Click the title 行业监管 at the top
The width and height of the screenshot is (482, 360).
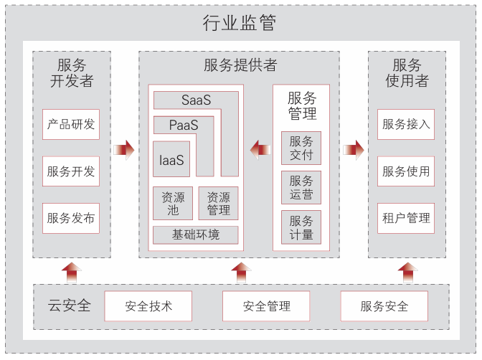[240, 23]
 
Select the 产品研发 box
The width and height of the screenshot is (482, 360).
[71, 124]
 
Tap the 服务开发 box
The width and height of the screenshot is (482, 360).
[71, 171]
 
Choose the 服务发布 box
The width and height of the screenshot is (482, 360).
[71, 218]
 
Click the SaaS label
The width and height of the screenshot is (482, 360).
[196, 100]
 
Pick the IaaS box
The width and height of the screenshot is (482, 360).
[171, 159]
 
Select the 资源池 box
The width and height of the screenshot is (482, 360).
[173, 203]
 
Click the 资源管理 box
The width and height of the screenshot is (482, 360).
[218, 203]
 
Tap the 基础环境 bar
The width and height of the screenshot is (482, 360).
[195, 235]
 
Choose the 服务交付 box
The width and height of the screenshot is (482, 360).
[301, 148]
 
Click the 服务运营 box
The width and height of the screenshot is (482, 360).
[301, 187]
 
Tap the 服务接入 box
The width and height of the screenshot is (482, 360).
[406, 124]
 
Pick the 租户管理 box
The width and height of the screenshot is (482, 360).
[406, 218]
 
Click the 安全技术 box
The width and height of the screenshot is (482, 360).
[148, 306]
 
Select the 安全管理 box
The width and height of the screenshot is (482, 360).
[266, 306]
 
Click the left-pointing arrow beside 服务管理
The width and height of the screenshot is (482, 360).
[260, 149]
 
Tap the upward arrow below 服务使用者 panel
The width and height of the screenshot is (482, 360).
[407, 272]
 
